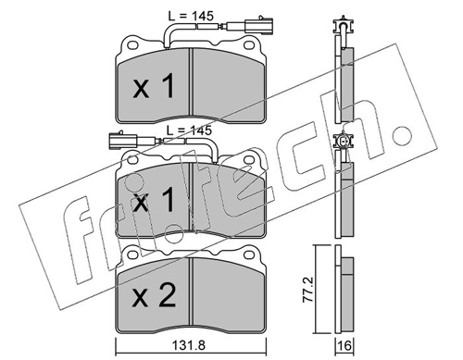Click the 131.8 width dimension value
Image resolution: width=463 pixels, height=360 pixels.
tap(190, 345)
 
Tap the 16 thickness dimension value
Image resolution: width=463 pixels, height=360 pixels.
tap(344, 345)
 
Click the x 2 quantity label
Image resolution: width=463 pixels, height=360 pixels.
tap(155, 295)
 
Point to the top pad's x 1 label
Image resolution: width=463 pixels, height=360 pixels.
tap(154, 86)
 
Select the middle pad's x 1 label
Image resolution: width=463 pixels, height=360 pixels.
tap(154, 200)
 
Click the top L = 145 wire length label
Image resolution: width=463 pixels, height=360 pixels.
tap(191, 16)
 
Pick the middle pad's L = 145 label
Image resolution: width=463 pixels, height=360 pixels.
tap(189, 130)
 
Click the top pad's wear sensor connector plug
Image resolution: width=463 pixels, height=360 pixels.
tap(259, 27)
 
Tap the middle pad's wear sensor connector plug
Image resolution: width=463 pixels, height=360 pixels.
tap(122, 142)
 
